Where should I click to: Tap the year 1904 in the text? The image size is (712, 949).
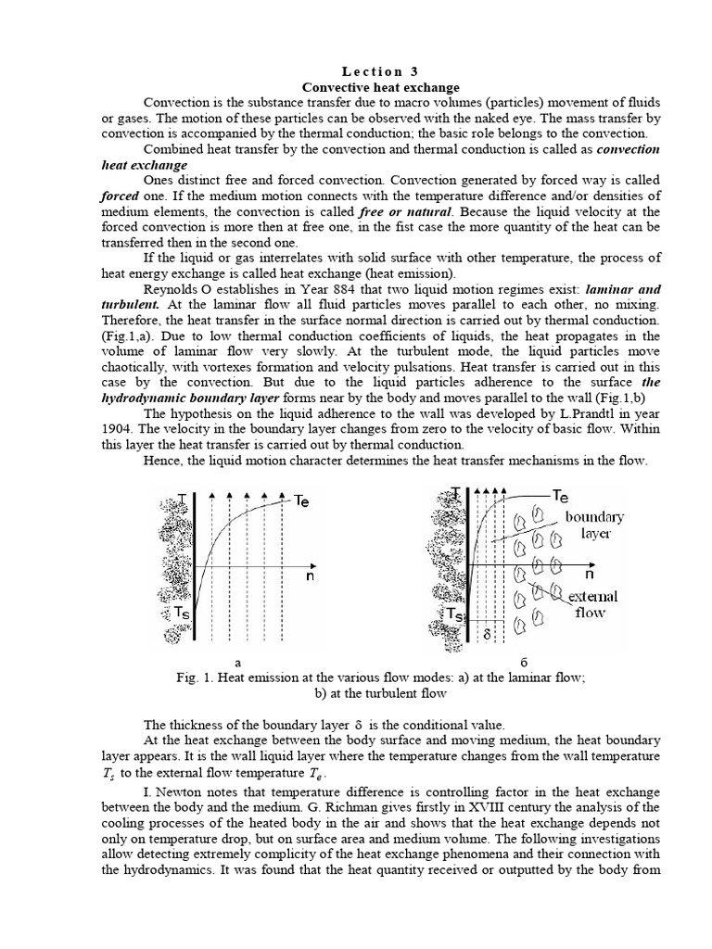[120, 429]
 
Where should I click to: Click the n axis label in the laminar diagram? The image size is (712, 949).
[310, 576]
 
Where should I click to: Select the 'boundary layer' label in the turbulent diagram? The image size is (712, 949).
[594, 525]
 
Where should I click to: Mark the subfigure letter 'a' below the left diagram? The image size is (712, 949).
[238, 662]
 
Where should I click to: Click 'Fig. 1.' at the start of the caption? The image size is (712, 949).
[193, 677]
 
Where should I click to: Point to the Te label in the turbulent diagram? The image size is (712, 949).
[561, 496]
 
